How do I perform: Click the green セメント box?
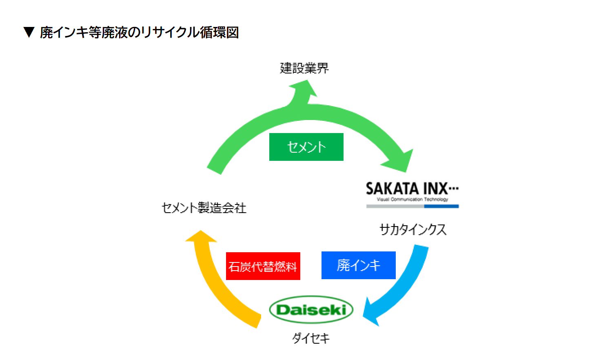click(306, 147)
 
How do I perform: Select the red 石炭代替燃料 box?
click(263, 266)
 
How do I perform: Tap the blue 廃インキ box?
click(358, 265)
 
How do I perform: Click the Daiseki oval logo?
click(311, 310)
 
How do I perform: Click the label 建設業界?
click(304, 68)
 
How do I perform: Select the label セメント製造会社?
click(204, 208)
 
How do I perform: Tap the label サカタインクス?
click(413, 229)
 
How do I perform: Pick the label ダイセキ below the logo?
click(311, 338)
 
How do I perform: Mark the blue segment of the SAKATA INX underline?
click(441, 207)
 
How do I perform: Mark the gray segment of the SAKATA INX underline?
click(395, 207)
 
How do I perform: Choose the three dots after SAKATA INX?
click(454, 188)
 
